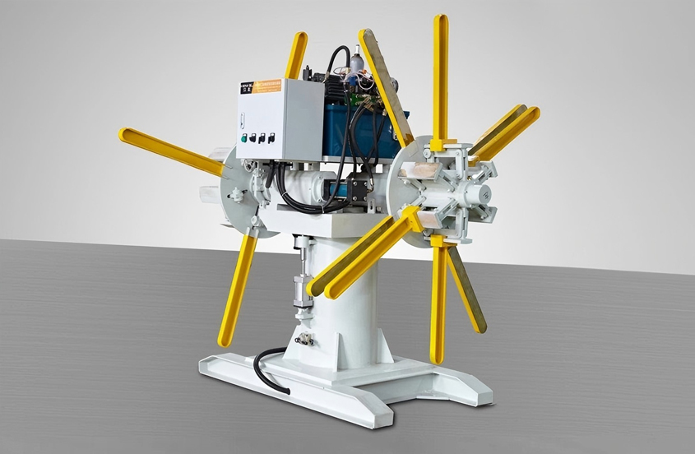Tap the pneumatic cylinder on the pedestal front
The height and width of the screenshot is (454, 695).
point(302,280)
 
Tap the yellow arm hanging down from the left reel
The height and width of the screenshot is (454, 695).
point(238,288)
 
